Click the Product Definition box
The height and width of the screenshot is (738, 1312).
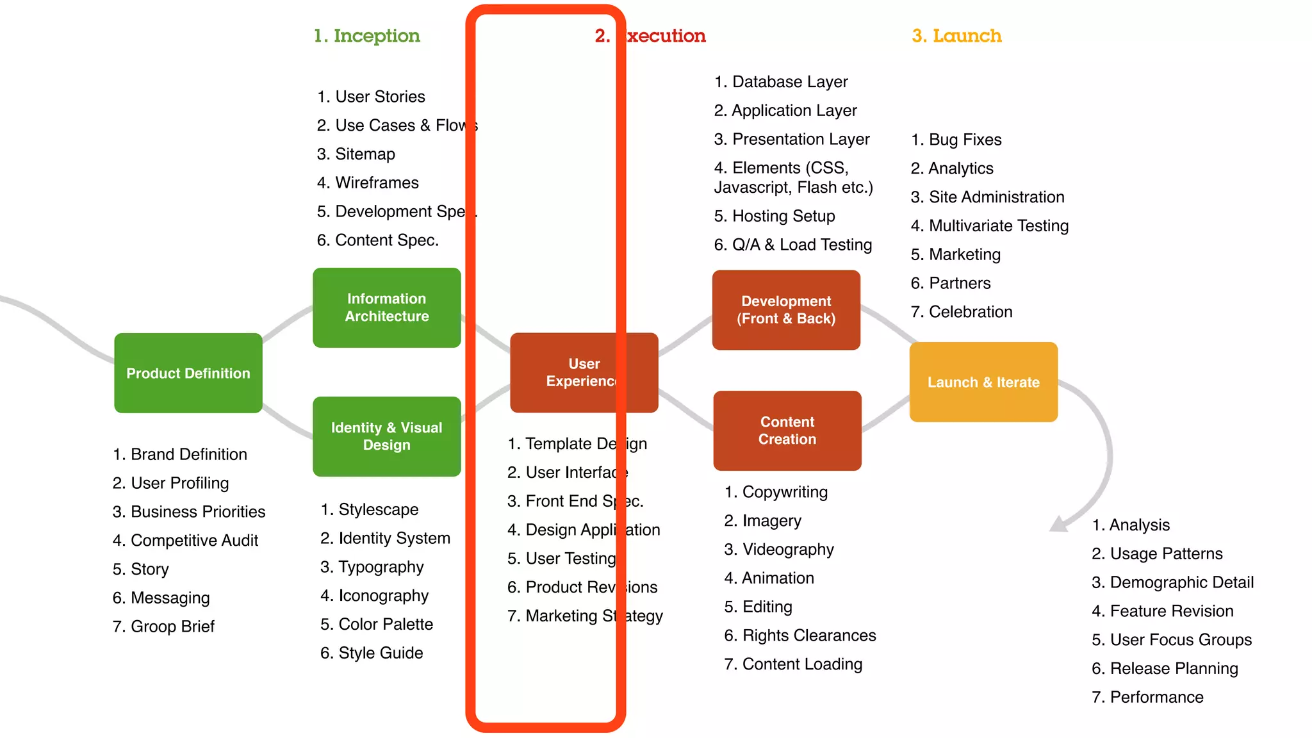(188, 373)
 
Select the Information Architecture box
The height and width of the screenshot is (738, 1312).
(386, 307)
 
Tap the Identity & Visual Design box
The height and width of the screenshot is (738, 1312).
(386, 436)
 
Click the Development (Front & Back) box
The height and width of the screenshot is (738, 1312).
(786, 310)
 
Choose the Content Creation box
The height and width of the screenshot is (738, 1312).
(787, 430)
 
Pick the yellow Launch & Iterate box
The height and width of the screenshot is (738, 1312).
(983, 382)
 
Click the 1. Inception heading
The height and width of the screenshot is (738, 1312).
(366, 36)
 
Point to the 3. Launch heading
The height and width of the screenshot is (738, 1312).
(956, 36)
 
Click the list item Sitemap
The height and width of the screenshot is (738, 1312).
(356, 154)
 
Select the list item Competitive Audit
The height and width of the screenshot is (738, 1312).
(186, 541)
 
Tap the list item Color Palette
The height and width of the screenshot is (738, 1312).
(377, 625)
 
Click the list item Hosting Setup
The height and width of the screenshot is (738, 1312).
(775, 217)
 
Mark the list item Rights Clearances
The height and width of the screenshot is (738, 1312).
(800, 635)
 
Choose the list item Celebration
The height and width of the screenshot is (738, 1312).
(962, 312)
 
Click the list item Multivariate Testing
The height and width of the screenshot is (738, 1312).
(990, 226)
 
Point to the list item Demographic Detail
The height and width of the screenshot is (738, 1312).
(1172, 582)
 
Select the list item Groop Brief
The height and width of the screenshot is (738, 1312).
(163, 627)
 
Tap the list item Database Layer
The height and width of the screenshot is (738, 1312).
(781, 82)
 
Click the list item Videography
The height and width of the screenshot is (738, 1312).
(779, 550)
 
